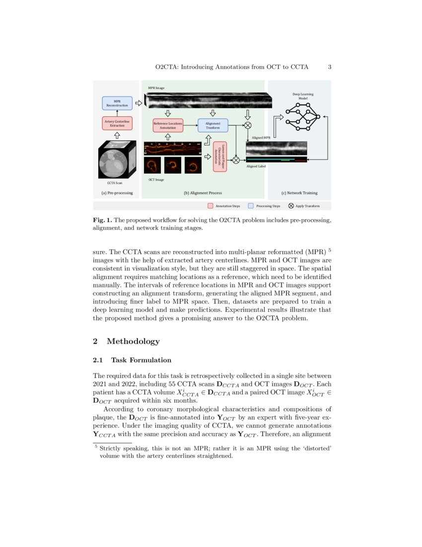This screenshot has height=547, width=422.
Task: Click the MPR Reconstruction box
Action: point(117,103)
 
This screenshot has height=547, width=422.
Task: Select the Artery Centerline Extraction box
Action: point(117,123)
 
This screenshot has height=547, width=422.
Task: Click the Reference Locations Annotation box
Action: point(168,125)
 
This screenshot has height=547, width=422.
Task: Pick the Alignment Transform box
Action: point(213,125)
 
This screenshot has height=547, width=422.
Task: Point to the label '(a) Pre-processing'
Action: point(117,193)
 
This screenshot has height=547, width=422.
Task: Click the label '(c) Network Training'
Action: point(299,193)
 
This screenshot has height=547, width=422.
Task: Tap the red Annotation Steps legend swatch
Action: point(211,205)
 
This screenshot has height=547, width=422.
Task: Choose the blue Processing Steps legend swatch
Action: point(251,205)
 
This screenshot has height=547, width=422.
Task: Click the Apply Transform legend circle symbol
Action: point(291,205)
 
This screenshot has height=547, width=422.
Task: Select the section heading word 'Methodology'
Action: point(133,341)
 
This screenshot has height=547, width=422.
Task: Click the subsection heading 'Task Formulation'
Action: point(141,360)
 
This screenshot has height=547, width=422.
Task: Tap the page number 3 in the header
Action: point(329,67)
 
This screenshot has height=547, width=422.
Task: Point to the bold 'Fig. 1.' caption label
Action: point(102,220)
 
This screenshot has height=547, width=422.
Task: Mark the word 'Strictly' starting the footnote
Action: point(109,449)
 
